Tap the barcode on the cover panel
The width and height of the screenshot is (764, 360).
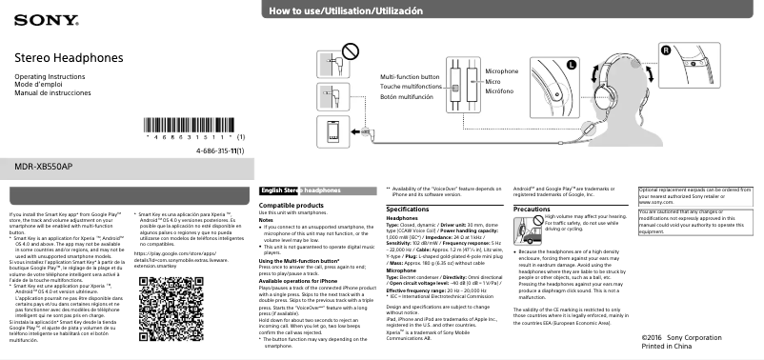tap(192, 125)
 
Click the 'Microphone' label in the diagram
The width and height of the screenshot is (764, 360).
tap(502, 71)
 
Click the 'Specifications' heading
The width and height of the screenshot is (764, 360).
tap(407, 208)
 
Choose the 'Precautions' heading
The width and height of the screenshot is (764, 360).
tap(532, 208)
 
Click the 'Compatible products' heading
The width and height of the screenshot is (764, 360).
tap(291, 205)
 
